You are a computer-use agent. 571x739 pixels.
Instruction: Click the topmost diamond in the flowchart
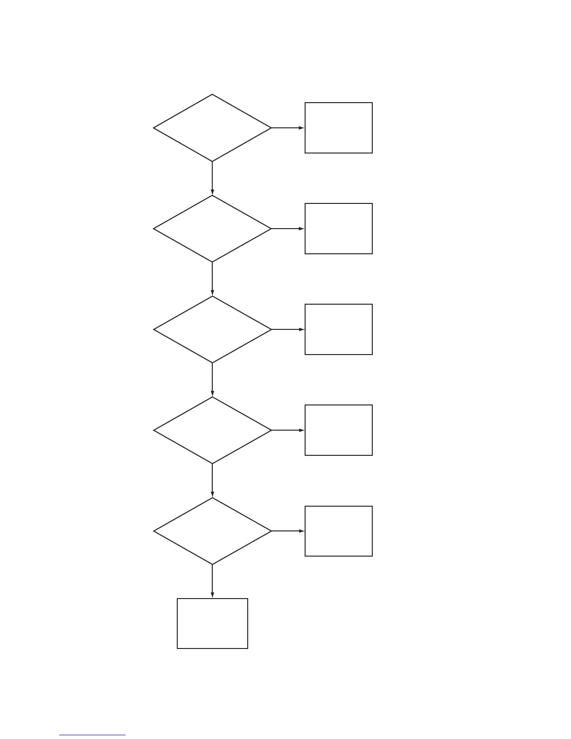coord(212,128)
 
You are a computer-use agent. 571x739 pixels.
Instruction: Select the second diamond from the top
coord(212,229)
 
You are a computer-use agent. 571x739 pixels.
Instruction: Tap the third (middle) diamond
coord(212,329)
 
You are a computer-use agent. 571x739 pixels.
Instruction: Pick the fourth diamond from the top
coord(212,430)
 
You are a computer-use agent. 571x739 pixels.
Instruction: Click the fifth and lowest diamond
coord(212,531)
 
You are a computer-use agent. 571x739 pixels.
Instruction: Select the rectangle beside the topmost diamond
coord(339,128)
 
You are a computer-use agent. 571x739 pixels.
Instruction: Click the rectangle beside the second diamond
coord(339,229)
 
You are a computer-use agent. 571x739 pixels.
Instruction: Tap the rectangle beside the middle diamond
coord(339,329)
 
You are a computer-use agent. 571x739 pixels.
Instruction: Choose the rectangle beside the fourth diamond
coord(339,430)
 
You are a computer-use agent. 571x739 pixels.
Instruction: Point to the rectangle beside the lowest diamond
coord(339,531)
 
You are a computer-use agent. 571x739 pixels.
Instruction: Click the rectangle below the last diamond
coord(212,623)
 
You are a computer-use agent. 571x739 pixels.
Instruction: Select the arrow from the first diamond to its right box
coord(288,128)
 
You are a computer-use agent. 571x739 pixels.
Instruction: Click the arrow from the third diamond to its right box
coord(288,329)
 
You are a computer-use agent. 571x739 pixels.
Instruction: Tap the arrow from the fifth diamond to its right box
coord(288,531)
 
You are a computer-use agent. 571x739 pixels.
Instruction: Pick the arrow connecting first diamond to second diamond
coord(212,178)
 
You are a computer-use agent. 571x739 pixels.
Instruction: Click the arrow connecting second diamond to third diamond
coord(212,279)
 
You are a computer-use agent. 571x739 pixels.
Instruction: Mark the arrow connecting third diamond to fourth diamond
coord(212,380)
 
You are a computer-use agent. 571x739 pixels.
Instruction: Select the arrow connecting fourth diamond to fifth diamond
coord(212,481)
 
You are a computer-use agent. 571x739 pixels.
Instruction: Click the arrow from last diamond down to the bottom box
coord(212,581)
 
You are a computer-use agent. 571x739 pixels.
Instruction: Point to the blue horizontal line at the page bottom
coord(92,735)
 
